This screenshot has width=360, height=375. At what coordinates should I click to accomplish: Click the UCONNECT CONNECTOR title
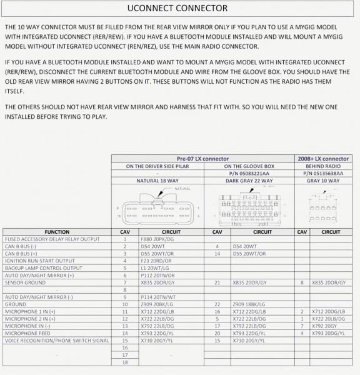(177, 9)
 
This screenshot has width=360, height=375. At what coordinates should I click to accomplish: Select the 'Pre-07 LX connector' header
(202, 159)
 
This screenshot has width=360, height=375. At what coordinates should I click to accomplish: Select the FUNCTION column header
(57, 232)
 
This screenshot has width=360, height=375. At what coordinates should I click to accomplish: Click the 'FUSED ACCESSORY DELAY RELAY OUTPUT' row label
(52, 239)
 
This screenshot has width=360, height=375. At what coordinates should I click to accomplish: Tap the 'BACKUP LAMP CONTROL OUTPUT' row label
(43, 268)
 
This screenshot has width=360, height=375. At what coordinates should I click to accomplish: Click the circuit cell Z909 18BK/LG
(249, 304)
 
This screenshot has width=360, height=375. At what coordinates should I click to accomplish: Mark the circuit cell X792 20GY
(328, 326)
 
